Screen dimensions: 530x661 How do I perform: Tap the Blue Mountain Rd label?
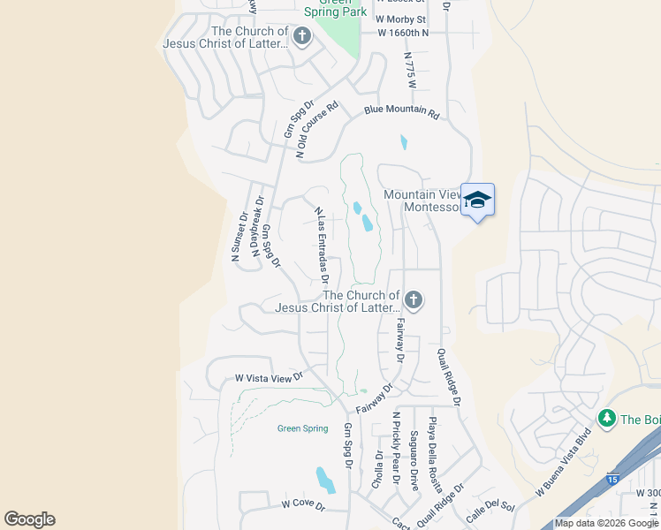pyautogui.click(x=401, y=113)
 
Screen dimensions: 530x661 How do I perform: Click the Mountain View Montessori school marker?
pyautogui.click(x=477, y=201)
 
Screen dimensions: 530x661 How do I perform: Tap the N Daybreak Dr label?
pyautogui.click(x=259, y=227)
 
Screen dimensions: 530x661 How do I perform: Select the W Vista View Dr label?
pyautogui.click(x=269, y=377)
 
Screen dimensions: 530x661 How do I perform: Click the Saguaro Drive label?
pyautogui.click(x=414, y=460)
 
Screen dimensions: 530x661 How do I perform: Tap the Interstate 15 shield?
pyautogui.click(x=612, y=479)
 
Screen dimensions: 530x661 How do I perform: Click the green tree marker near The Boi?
pyautogui.click(x=606, y=418)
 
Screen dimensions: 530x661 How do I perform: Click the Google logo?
pyautogui.click(x=29, y=519)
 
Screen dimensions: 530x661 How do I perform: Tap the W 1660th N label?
pyautogui.click(x=402, y=33)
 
